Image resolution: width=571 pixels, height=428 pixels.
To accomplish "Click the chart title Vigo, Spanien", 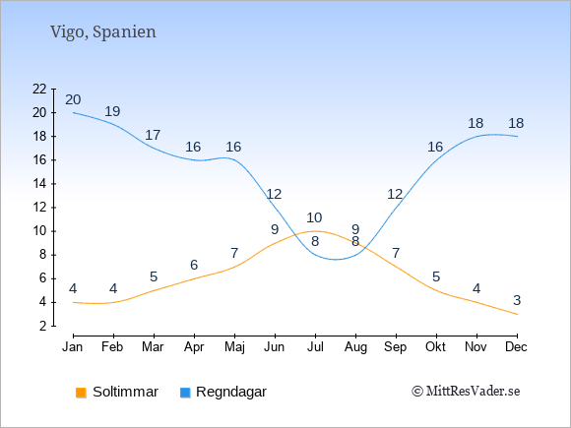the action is coord(103,32).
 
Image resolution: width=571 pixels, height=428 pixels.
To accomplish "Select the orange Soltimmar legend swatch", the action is coord(81,393).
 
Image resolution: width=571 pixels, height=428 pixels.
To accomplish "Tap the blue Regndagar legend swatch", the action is coord(185,393).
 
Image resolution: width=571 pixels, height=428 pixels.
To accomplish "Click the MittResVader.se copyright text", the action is coord(466,392).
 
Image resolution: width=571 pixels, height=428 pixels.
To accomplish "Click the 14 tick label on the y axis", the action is coord(39,184).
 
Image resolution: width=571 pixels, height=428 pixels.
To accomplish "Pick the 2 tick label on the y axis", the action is coord(43,326).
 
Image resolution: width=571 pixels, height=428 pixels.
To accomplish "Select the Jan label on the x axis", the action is coord(73,347).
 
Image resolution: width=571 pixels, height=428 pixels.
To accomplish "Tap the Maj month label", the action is coord(234,347).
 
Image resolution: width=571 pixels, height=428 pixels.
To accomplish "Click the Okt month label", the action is coord(435,347).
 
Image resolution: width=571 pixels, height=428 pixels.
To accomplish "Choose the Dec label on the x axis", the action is coord(517,347).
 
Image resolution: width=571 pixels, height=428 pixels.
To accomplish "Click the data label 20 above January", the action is coord(73,99).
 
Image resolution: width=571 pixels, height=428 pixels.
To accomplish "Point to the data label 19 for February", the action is coord(112,111).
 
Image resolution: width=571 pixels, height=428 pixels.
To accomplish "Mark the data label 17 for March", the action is coord(153,135).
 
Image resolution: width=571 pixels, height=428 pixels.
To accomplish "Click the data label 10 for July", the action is coord(314,217).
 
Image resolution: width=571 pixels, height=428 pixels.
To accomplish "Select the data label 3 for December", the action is coord(517,300).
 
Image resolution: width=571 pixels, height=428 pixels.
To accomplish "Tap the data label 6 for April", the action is coord(194,265).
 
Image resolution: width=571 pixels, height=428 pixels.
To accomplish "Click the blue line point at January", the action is coord(74,112).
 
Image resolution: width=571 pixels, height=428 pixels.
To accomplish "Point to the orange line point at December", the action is coord(517,314).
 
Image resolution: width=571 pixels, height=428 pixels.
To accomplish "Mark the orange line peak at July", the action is coord(315,231).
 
